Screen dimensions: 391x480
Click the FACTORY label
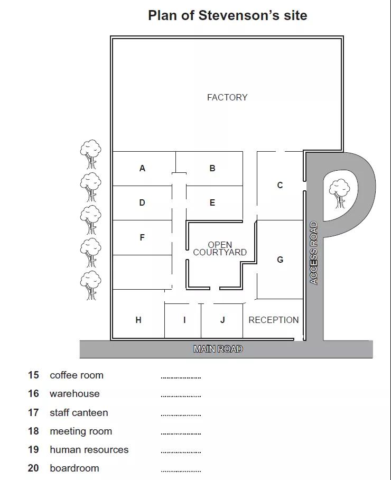point(227,97)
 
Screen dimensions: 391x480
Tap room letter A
point(142,168)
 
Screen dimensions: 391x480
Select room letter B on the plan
point(212,168)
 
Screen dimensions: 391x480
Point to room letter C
point(280,185)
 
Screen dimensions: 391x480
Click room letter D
point(142,202)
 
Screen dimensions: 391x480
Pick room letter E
point(212,202)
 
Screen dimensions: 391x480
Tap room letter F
point(142,237)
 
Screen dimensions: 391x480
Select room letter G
point(280,260)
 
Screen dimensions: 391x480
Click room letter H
point(138,320)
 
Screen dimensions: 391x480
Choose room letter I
point(184,320)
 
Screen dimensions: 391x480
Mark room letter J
point(222,320)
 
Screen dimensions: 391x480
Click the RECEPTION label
point(274,320)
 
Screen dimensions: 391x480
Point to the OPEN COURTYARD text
point(220,248)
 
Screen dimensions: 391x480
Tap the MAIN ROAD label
point(218,349)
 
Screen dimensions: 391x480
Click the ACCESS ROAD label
point(314,253)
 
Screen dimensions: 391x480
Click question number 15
point(33,375)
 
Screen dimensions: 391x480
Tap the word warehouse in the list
point(75,394)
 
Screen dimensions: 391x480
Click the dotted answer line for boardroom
point(181,471)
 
